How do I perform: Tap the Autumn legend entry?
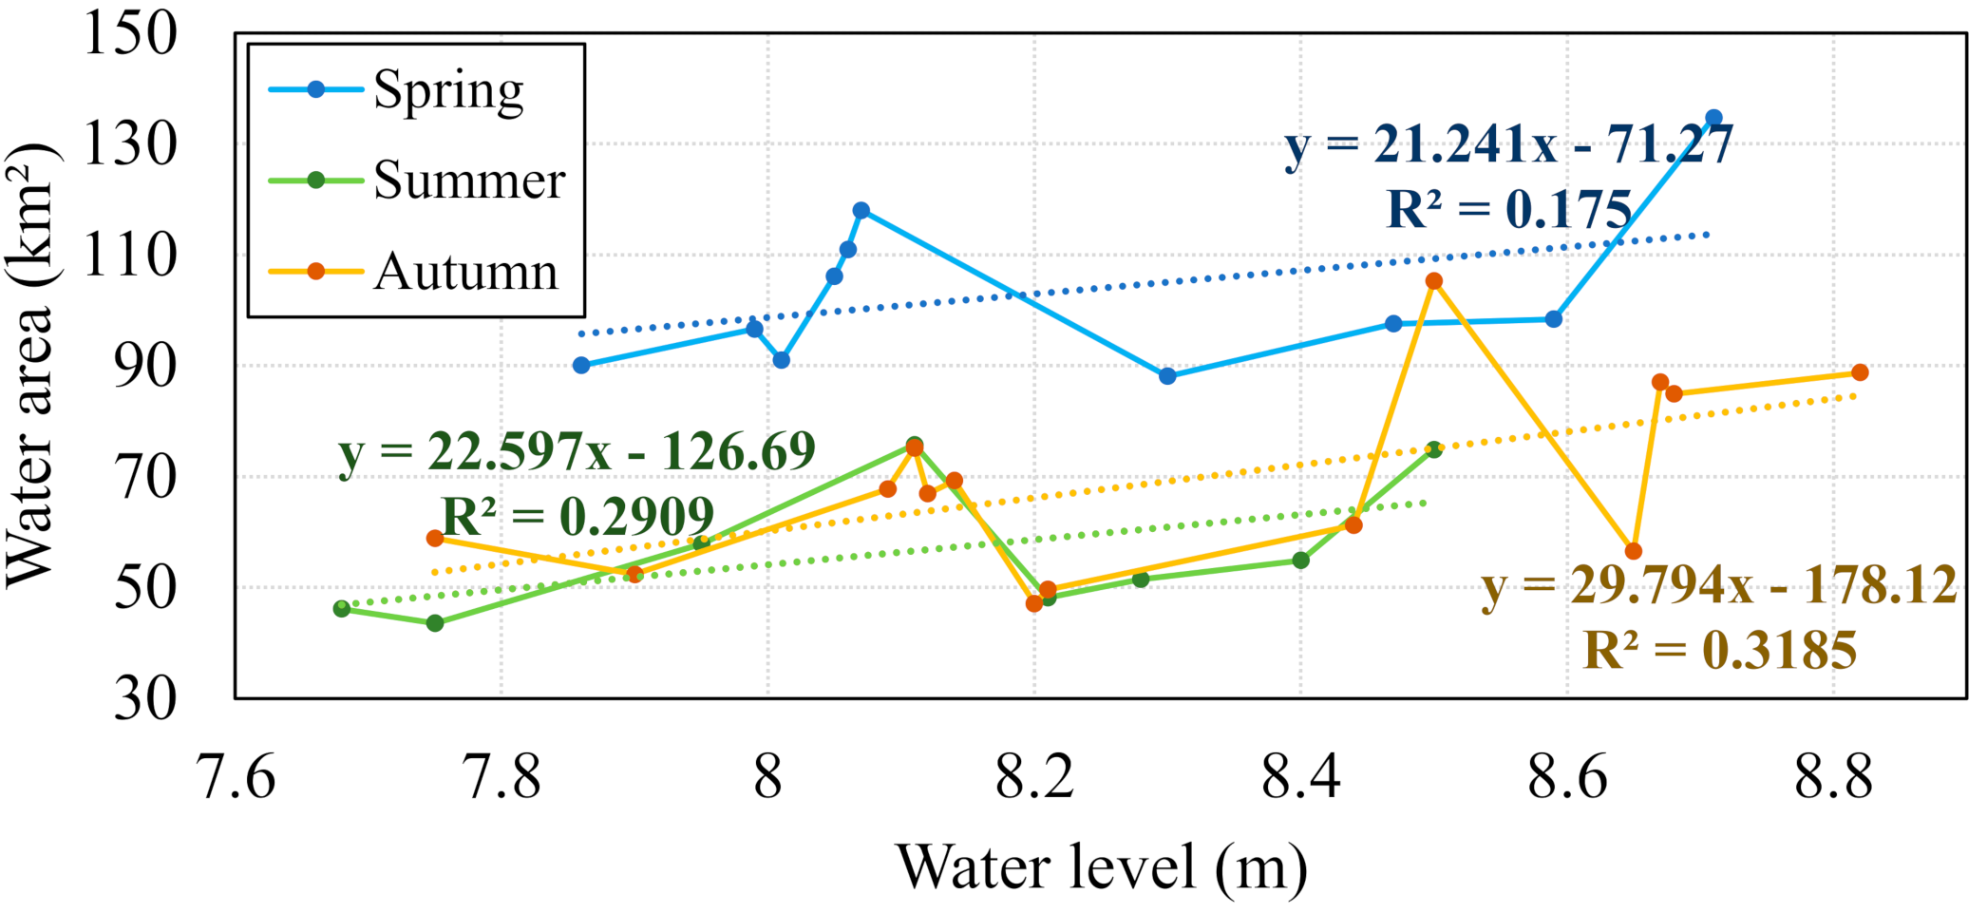[x=413, y=272]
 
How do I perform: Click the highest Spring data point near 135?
[x=1713, y=119]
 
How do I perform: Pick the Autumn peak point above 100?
[x=1434, y=281]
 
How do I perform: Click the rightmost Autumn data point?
[x=1860, y=372]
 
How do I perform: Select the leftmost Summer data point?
[x=342, y=608]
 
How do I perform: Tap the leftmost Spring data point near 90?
[x=581, y=365]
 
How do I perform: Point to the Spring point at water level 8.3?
[x=1167, y=376]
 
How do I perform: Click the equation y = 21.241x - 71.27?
[x=1508, y=145]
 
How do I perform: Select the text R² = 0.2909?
[x=577, y=517]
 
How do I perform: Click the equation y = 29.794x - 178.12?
[x=1719, y=584]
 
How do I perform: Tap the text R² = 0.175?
[x=1508, y=210]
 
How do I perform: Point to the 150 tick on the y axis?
[x=131, y=33]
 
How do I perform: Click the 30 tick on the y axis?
[x=144, y=699]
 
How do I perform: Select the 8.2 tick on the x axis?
[x=1034, y=776]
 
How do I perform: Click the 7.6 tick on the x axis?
[x=236, y=776]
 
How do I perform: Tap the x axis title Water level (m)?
[x=1102, y=867]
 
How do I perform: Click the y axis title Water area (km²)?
[x=30, y=366]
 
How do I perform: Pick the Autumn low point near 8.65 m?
[x=1634, y=551]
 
